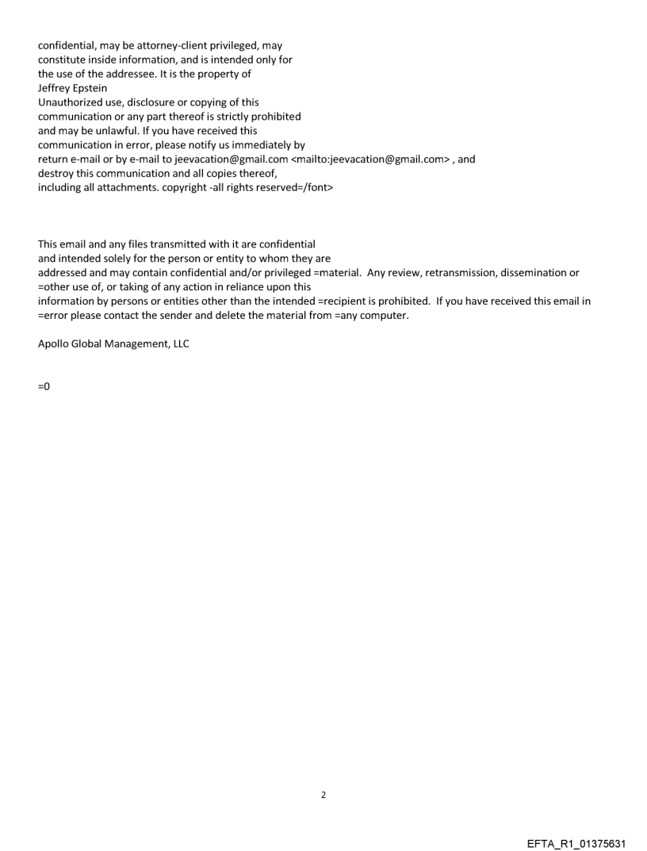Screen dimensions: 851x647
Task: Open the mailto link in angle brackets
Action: click(x=370, y=159)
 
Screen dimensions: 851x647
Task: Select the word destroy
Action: click(x=56, y=174)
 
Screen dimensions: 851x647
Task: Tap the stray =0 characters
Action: click(x=44, y=386)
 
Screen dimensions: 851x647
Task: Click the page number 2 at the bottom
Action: click(x=323, y=795)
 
